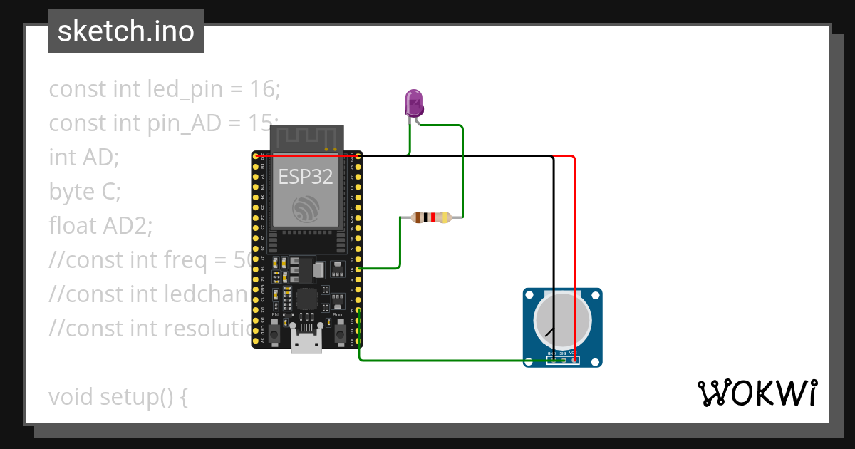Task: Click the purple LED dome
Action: [414, 103]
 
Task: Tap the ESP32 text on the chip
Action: [306, 176]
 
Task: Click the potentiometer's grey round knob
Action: [562, 321]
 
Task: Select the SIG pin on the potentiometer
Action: [563, 360]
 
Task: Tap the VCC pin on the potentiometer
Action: [574, 360]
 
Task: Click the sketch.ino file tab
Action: [126, 31]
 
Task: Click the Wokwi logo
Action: [756, 393]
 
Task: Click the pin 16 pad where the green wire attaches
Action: [358, 269]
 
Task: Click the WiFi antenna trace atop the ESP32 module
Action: [306, 138]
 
